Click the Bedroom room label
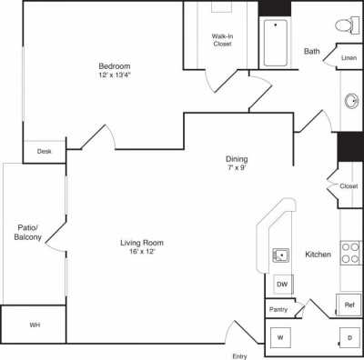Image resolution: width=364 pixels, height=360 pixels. click(115, 65)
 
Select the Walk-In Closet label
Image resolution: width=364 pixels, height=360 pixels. click(224, 39)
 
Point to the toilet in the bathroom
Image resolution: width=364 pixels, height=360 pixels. click(343, 25)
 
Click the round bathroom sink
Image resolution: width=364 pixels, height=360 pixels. click(351, 101)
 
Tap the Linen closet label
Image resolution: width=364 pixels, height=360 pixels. click(349, 57)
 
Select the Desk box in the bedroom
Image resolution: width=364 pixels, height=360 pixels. click(45, 151)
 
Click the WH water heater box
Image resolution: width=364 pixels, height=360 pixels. click(34, 325)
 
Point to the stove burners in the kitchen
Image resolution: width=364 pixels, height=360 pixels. click(351, 252)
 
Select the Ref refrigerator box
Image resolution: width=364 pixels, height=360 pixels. click(349, 305)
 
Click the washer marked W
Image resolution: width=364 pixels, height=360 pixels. click(280, 338)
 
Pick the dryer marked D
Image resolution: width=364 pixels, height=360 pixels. click(349, 338)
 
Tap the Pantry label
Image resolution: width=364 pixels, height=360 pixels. click(278, 310)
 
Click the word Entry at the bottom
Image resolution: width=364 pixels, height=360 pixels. click(240, 355)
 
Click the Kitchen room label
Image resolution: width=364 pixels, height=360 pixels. click(318, 255)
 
